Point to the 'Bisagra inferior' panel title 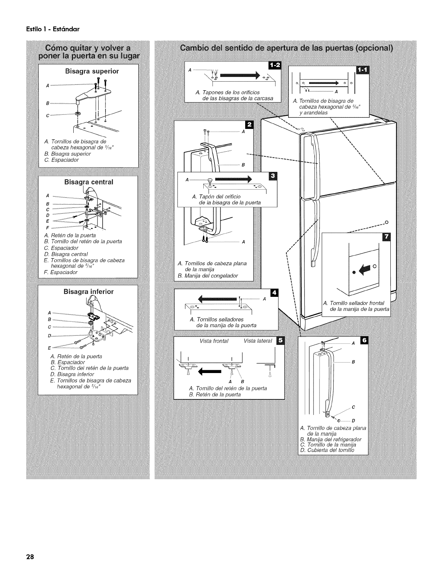88,291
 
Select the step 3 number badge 273,176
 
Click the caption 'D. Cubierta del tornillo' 327,450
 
